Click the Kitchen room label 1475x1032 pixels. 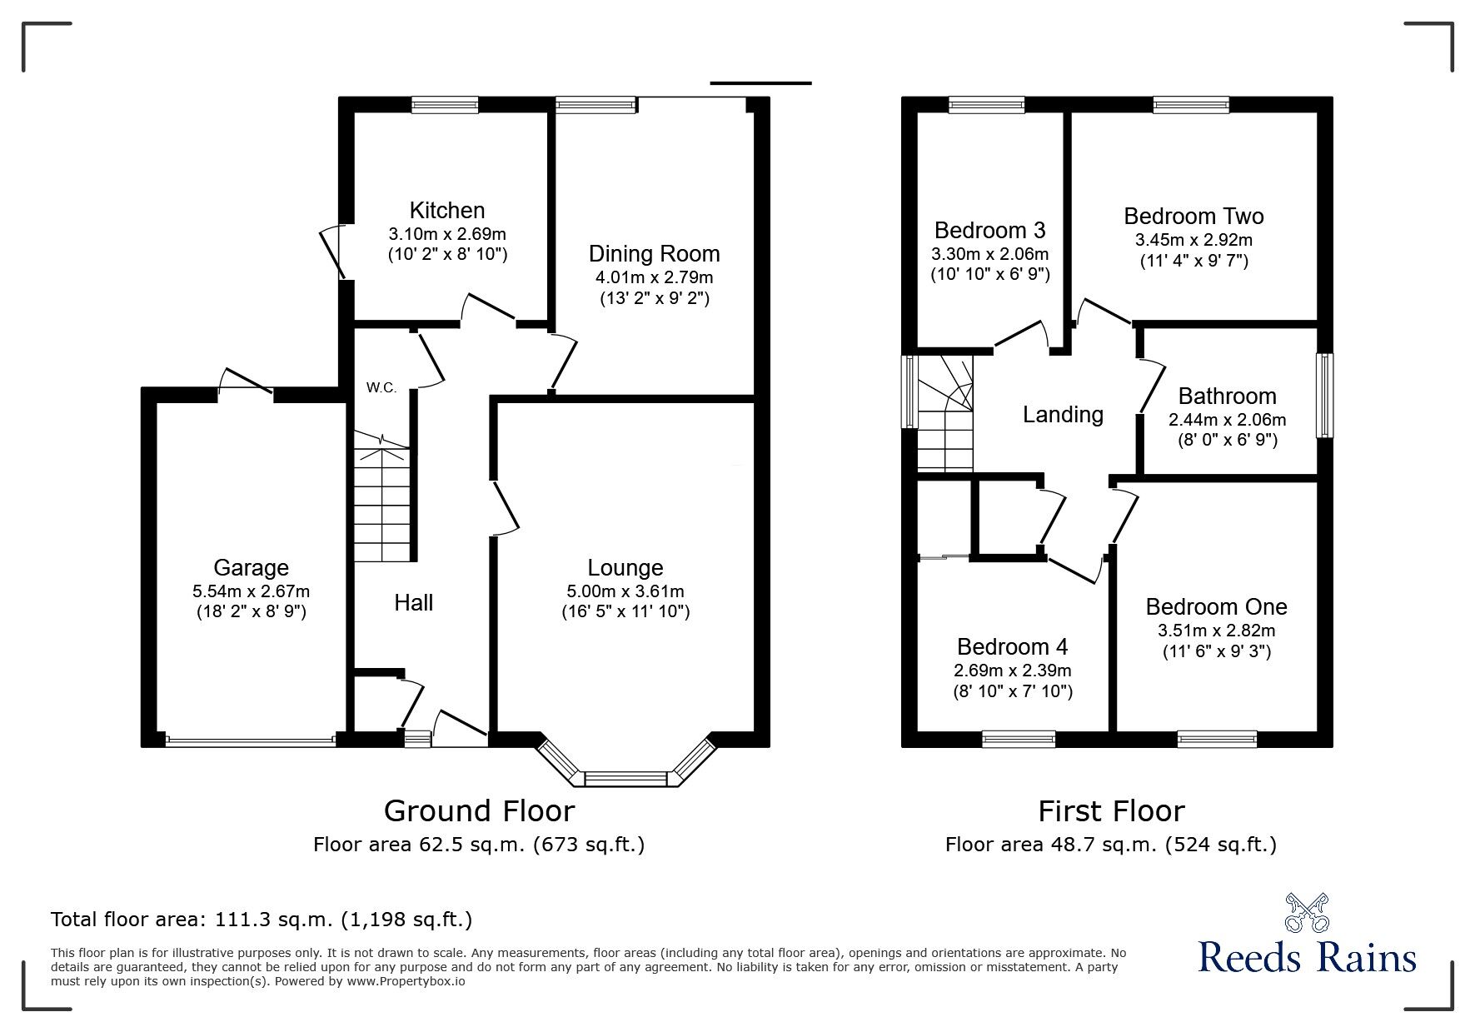(447, 211)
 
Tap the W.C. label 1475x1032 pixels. (381, 388)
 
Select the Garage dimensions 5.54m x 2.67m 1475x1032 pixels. (251, 591)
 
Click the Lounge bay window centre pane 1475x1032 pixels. (625, 779)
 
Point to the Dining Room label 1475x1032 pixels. (654, 254)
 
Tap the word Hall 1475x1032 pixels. (414, 603)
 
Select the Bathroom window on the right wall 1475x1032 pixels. (1324, 396)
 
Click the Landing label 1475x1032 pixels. (1063, 415)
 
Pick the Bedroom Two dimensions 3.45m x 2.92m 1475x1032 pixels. (1193, 240)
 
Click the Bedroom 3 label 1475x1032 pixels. (989, 230)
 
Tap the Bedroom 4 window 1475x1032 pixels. (1019, 738)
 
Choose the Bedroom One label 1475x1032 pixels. (1216, 606)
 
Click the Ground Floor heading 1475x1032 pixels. (479, 810)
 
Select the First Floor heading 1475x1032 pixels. (1111, 810)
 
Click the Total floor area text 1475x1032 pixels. (262, 920)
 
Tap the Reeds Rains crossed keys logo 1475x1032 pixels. (1308, 913)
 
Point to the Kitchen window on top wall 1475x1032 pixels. (445, 104)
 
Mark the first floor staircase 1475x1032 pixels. (945, 413)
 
